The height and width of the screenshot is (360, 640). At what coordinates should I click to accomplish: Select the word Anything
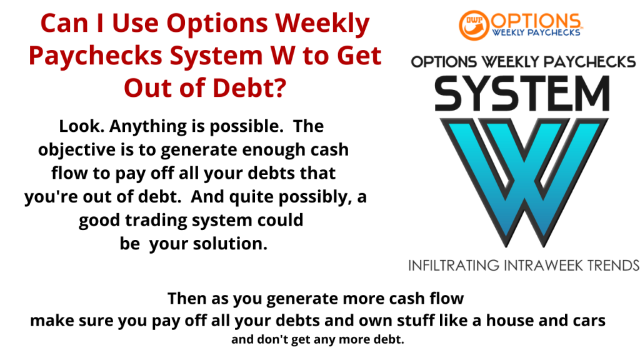click(139, 126)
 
